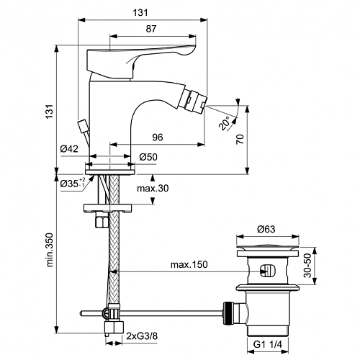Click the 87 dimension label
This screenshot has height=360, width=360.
pyautogui.click(x=151, y=29)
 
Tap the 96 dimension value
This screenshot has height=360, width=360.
pyautogui.click(x=158, y=138)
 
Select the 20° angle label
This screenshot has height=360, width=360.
pyautogui.click(x=225, y=122)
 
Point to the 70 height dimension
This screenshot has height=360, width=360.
pyautogui.click(x=240, y=139)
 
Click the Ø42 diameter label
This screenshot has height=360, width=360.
pyautogui.click(x=69, y=149)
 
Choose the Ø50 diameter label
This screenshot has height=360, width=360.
pyautogui.click(x=148, y=157)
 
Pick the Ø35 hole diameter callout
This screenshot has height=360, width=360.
pyautogui.click(x=73, y=184)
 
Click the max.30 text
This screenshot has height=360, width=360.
pyautogui.click(x=153, y=189)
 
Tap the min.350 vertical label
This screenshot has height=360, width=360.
pyautogui.click(x=50, y=249)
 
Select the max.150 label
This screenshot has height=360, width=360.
pyautogui.click(x=189, y=264)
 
